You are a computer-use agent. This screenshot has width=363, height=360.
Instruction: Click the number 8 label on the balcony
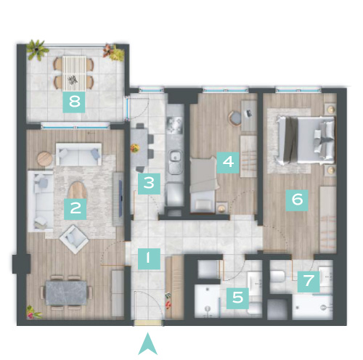click(74, 102)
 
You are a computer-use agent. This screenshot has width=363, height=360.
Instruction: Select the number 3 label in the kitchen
click(149, 184)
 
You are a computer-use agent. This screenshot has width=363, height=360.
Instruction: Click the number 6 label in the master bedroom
click(297, 200)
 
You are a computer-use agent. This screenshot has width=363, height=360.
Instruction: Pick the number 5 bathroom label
click(237, 298)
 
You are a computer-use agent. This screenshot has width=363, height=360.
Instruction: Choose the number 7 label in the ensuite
click(309, 282)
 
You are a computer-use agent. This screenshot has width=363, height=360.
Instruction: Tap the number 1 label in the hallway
click(149, 259)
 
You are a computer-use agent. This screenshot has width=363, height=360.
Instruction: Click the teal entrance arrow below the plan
click(147, 344)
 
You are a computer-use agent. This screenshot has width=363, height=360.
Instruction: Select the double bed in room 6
click(306, 140)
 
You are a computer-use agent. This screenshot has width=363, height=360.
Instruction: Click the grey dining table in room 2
click(66, 292)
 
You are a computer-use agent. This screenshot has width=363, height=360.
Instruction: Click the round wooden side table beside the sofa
click(45, 159)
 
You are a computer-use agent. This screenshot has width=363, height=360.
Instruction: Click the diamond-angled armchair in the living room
click(74, 239)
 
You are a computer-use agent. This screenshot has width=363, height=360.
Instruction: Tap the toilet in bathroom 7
click(277, 277)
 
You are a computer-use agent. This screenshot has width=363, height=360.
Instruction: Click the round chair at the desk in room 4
click(235, 118)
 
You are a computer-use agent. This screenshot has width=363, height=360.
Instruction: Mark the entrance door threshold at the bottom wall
click(147, 323)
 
